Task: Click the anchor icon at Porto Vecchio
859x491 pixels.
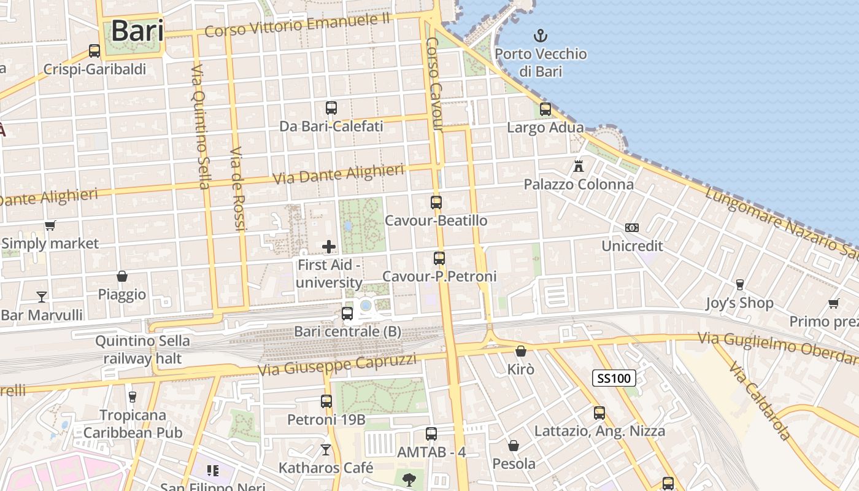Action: (x=541, y=35)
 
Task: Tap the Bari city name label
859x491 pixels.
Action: (x=137, y=31)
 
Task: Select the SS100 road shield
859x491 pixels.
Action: (x=614, y=377)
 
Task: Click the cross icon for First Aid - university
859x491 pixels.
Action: (x=329, y=247)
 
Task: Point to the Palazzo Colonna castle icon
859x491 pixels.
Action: (x=578, y=166)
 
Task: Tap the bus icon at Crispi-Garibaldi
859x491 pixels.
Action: (x=94, y=51)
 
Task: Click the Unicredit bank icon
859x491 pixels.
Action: (x=632, y=228)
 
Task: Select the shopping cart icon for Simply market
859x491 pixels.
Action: (x=50, y=225)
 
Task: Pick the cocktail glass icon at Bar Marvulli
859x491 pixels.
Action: (x=42, y=297)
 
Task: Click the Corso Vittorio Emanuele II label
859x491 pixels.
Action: (x=298, y=25)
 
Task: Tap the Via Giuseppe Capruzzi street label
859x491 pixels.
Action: (x=337, y=365)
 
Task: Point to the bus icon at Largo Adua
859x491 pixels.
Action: (x=545, y=110)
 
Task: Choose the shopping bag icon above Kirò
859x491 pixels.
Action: (x=521, y=351)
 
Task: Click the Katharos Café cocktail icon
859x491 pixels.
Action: (x=326, y=450)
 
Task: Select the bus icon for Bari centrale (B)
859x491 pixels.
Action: (x=347, y=314)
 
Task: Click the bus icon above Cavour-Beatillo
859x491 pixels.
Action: (x=436, y=203)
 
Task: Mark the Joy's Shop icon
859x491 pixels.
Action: (x=740, y=285)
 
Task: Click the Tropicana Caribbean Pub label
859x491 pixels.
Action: (x=133, y=424)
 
